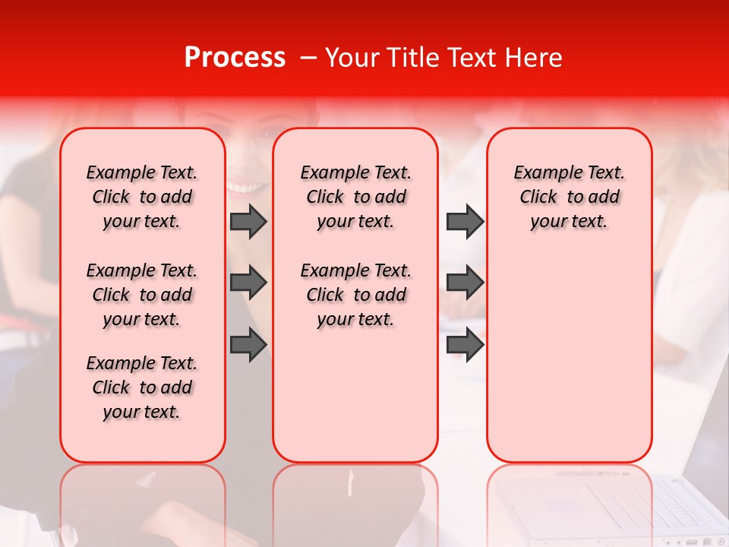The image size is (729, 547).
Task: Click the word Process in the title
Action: (234, 58)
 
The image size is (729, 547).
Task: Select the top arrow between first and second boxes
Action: (248, 221)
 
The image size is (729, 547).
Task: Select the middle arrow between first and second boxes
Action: (248, 283)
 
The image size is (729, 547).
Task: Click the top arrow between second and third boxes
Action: (465, 221)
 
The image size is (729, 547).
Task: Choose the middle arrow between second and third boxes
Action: (465, 283)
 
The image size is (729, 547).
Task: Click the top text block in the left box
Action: (142, 197)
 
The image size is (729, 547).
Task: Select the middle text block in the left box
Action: (142, 295)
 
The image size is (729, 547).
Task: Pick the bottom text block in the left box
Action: (142, 387)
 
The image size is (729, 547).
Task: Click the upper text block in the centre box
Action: (355, 197)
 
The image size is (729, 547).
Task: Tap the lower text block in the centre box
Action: (355, 295)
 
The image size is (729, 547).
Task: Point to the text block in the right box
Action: (569, 197)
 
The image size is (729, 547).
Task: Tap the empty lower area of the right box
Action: (569, 365)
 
